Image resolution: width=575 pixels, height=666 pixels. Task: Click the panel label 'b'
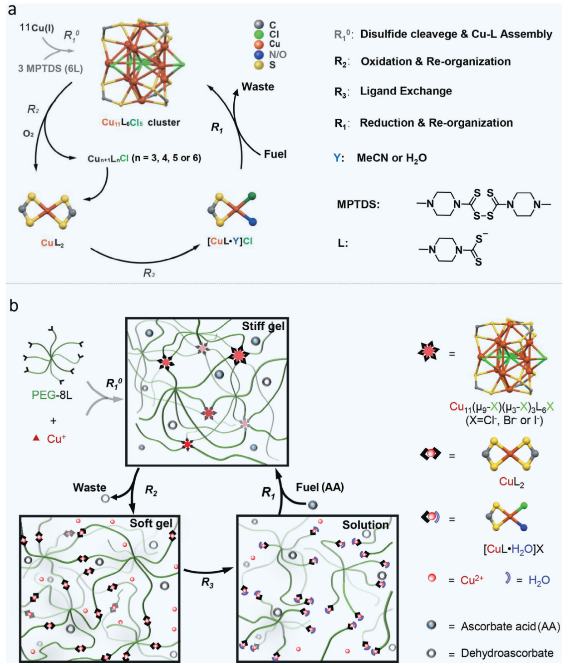pos(14,305)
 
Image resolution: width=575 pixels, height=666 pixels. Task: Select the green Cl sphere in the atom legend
pos(259,34)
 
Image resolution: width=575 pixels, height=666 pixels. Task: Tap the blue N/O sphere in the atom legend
pos(259,54)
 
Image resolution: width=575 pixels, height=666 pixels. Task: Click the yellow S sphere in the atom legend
pos(259,65)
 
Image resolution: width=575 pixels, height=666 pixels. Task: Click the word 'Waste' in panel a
pos(258,87)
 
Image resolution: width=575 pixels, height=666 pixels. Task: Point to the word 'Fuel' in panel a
pos(275,154)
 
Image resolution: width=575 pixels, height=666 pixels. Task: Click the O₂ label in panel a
pos(28,134)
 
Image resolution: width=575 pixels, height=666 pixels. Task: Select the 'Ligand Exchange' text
pos(406,91)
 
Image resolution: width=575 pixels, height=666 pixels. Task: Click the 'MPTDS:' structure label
pos(358,204)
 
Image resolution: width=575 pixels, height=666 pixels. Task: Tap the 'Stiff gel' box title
pos(263,326)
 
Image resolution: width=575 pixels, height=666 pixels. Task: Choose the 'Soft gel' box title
pos(151,524)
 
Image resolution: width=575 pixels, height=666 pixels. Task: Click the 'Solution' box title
pos(365,525)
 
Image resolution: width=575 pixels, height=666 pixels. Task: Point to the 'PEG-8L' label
pos(52,395)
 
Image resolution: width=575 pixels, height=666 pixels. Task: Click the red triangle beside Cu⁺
pos(36,438)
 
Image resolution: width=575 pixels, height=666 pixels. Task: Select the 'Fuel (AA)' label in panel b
pos(320,487)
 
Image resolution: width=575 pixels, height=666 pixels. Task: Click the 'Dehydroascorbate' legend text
pos(507,653)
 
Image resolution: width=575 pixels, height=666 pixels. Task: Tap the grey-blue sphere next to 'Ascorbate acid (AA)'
pos(431,625)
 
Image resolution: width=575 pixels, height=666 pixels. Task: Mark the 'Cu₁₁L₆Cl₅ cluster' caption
pos(141,122)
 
